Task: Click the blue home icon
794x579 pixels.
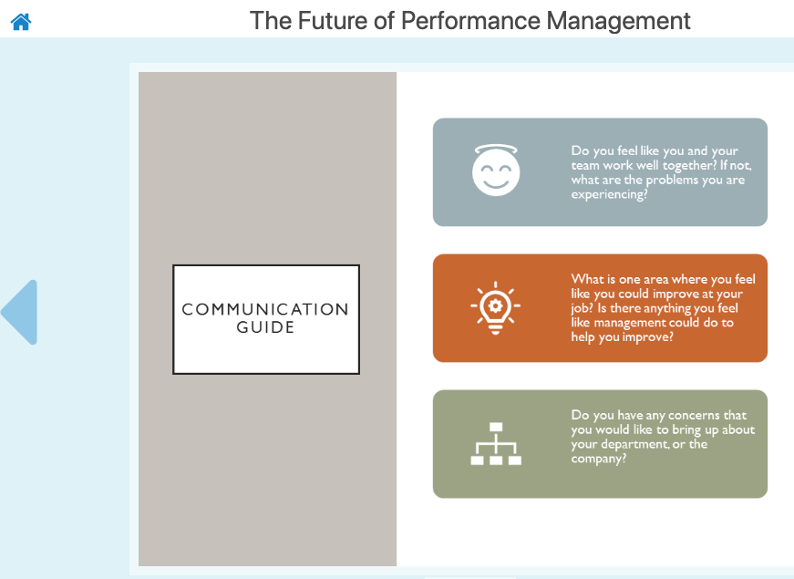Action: click(21, 22)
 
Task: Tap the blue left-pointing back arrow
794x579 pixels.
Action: click(20, 312)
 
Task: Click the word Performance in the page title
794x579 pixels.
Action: click(471, 21)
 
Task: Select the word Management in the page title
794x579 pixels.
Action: click(618, 22)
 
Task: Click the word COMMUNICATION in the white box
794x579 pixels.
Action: click(265, 309)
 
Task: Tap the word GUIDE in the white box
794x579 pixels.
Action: click(265, 327)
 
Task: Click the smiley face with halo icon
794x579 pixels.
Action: click(496, 170)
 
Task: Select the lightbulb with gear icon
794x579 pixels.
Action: click(495, 308)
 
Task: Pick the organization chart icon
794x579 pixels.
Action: click(496, 444)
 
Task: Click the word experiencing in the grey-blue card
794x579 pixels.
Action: click(609, 194)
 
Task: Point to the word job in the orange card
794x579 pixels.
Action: click(582, 308)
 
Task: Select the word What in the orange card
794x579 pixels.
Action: click(586, 279)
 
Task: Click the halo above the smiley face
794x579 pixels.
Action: click(496, 149)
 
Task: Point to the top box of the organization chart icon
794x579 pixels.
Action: click(496, 427)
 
